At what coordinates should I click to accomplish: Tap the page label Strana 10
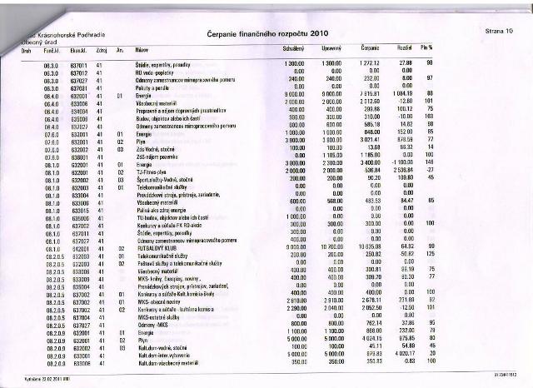coord(497,30)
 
